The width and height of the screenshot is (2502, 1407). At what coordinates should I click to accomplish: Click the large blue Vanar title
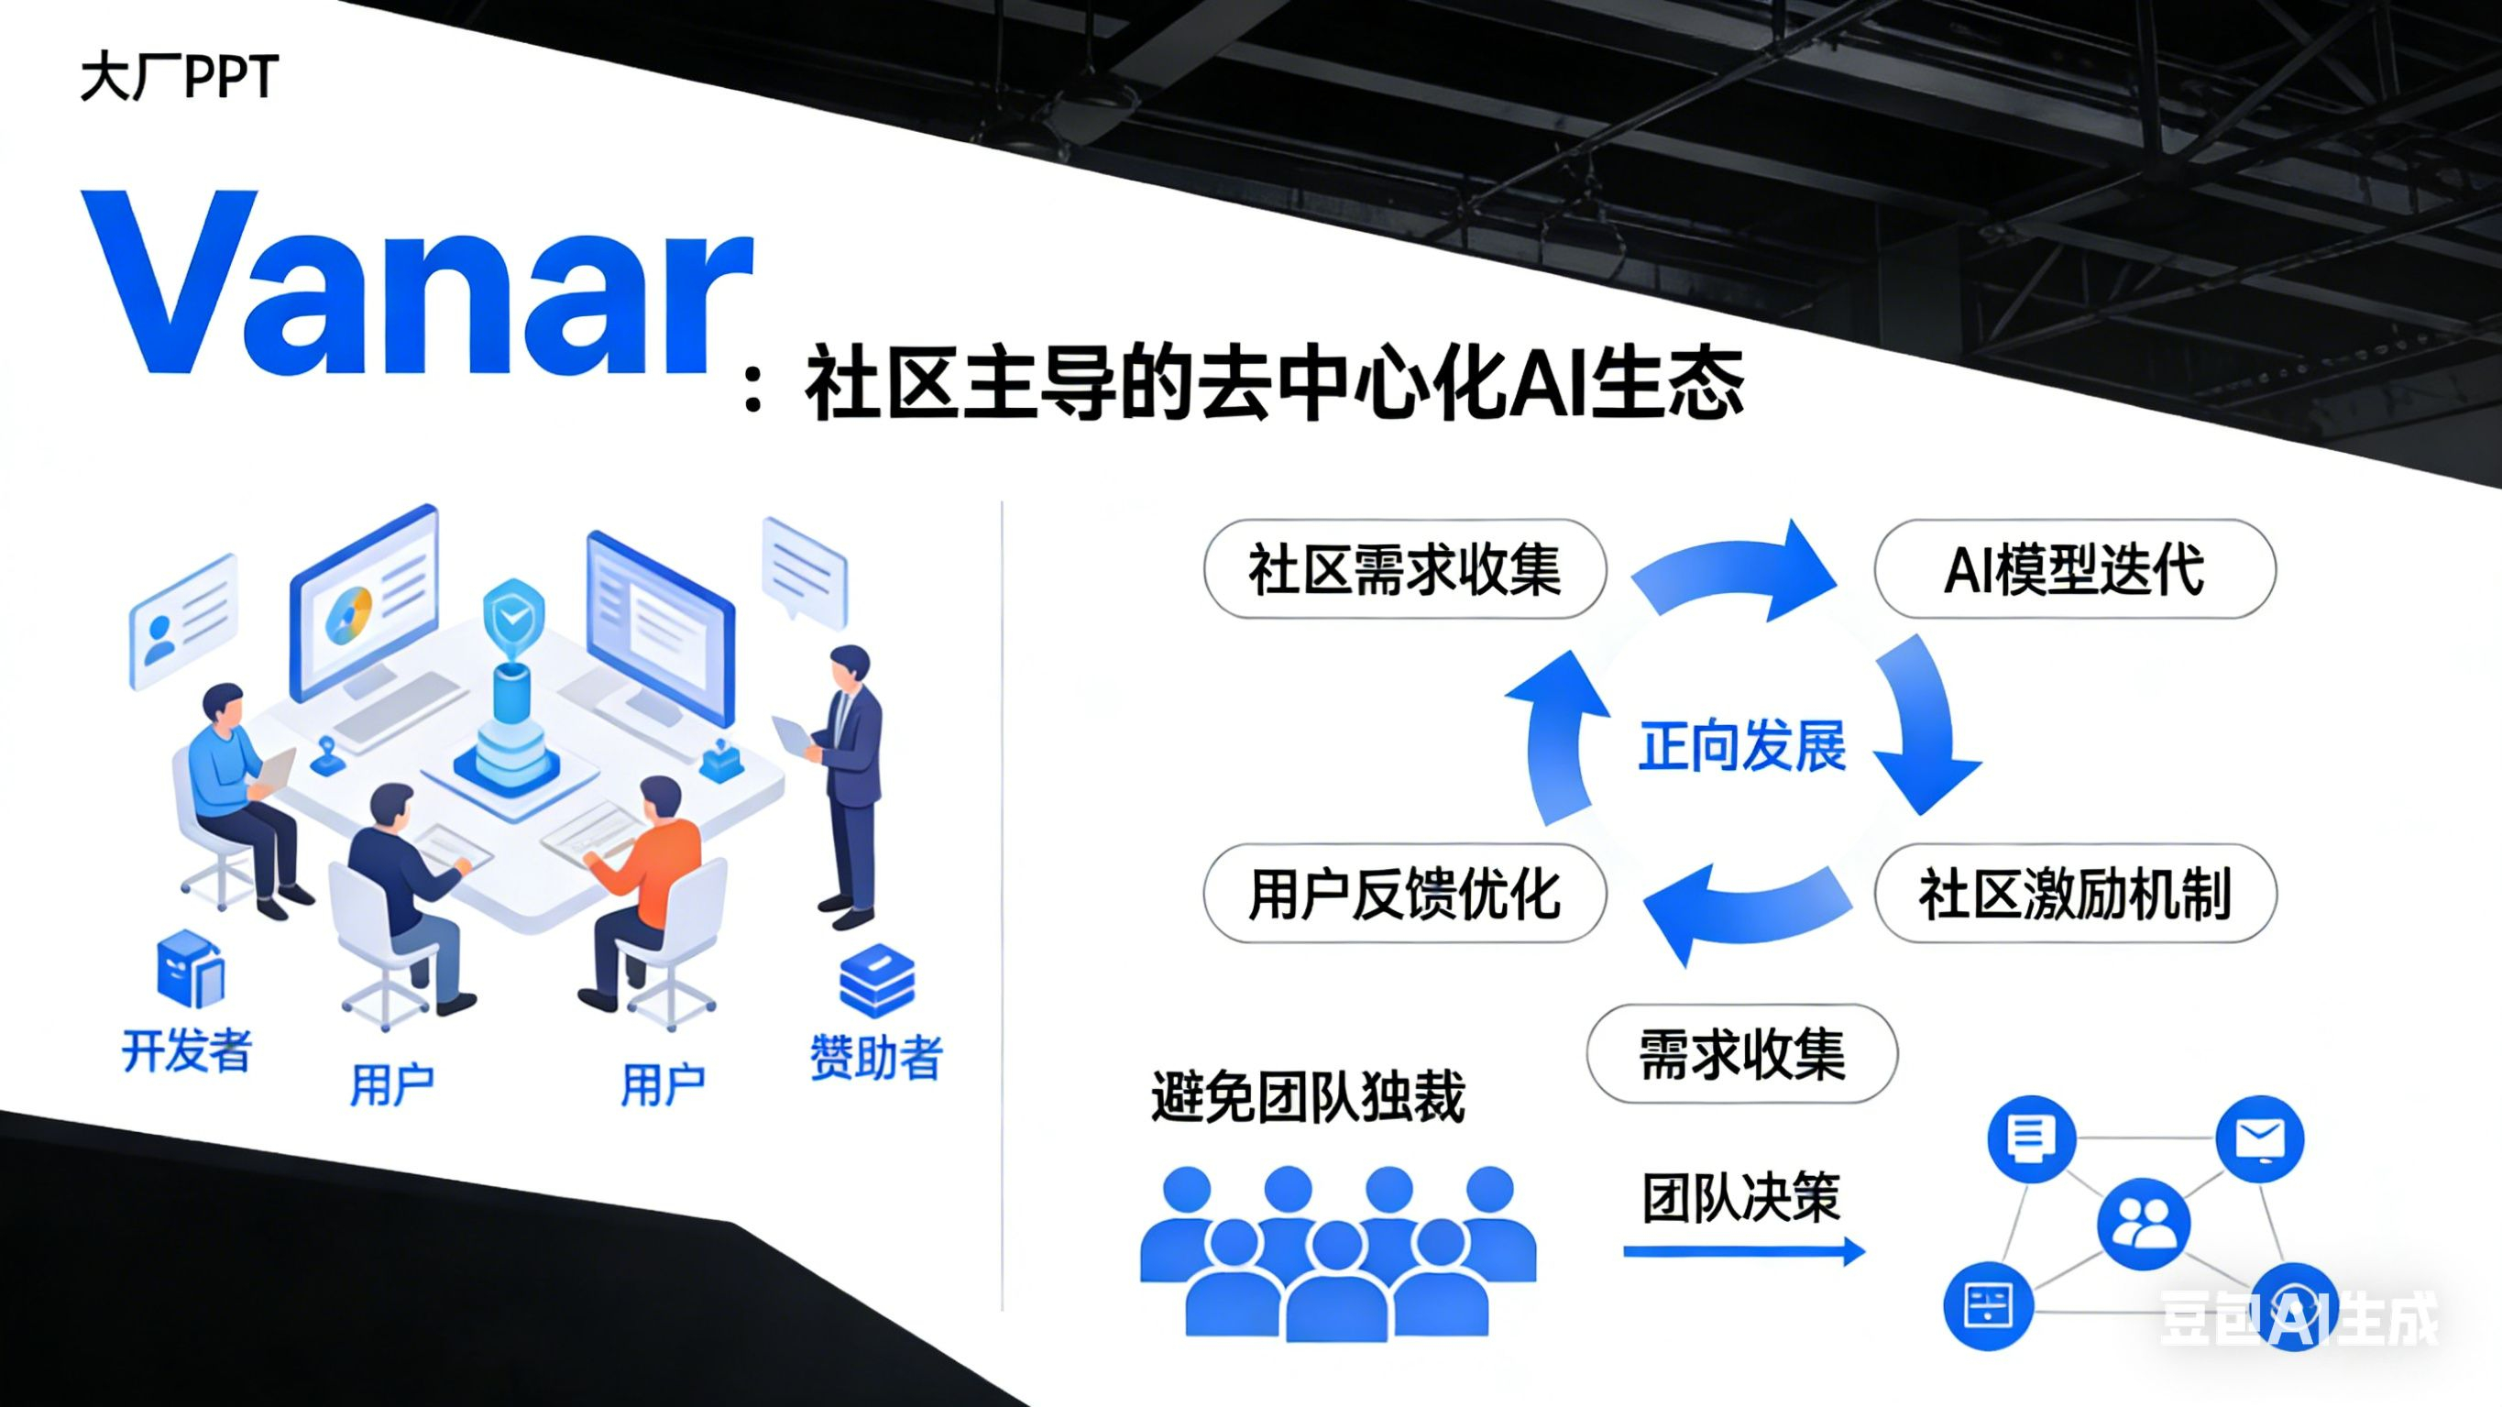pyautogui.click(x=418, y=284)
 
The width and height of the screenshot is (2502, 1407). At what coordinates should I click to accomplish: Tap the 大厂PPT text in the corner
pyautogui.click(x=180, y=78)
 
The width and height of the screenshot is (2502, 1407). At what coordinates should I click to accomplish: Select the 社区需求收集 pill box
pyautogui.click(x=1404, y=569)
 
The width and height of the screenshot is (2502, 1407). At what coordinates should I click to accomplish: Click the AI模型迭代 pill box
pyautogui.click(x=2075, y=569)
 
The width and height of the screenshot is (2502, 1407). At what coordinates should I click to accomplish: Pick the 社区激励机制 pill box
pyautogui.click(x=2075, y=894)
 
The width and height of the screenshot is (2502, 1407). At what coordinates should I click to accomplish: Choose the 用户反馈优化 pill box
pyautogui.click(x=1404, y=894)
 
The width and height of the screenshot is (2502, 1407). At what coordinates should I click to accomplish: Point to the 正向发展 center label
pyautogui.click(x=1742, y=746)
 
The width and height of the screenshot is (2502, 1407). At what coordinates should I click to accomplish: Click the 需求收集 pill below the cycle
pyautogui.click(x=1741, y=1054)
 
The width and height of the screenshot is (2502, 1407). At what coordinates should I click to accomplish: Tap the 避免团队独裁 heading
pyautogui.click(x=1307, y=1097)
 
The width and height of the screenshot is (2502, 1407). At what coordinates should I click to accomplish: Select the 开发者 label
pyautogui.click(x=186, y=1050)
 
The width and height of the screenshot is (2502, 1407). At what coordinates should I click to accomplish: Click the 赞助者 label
pyautogui.click(x=876, y=1057)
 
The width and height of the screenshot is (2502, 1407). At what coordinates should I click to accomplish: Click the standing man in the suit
pyautogui.click(x=850, y=777)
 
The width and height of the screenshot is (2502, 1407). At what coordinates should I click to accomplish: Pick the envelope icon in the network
pyautogui.click(x=2260, y=1138)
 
